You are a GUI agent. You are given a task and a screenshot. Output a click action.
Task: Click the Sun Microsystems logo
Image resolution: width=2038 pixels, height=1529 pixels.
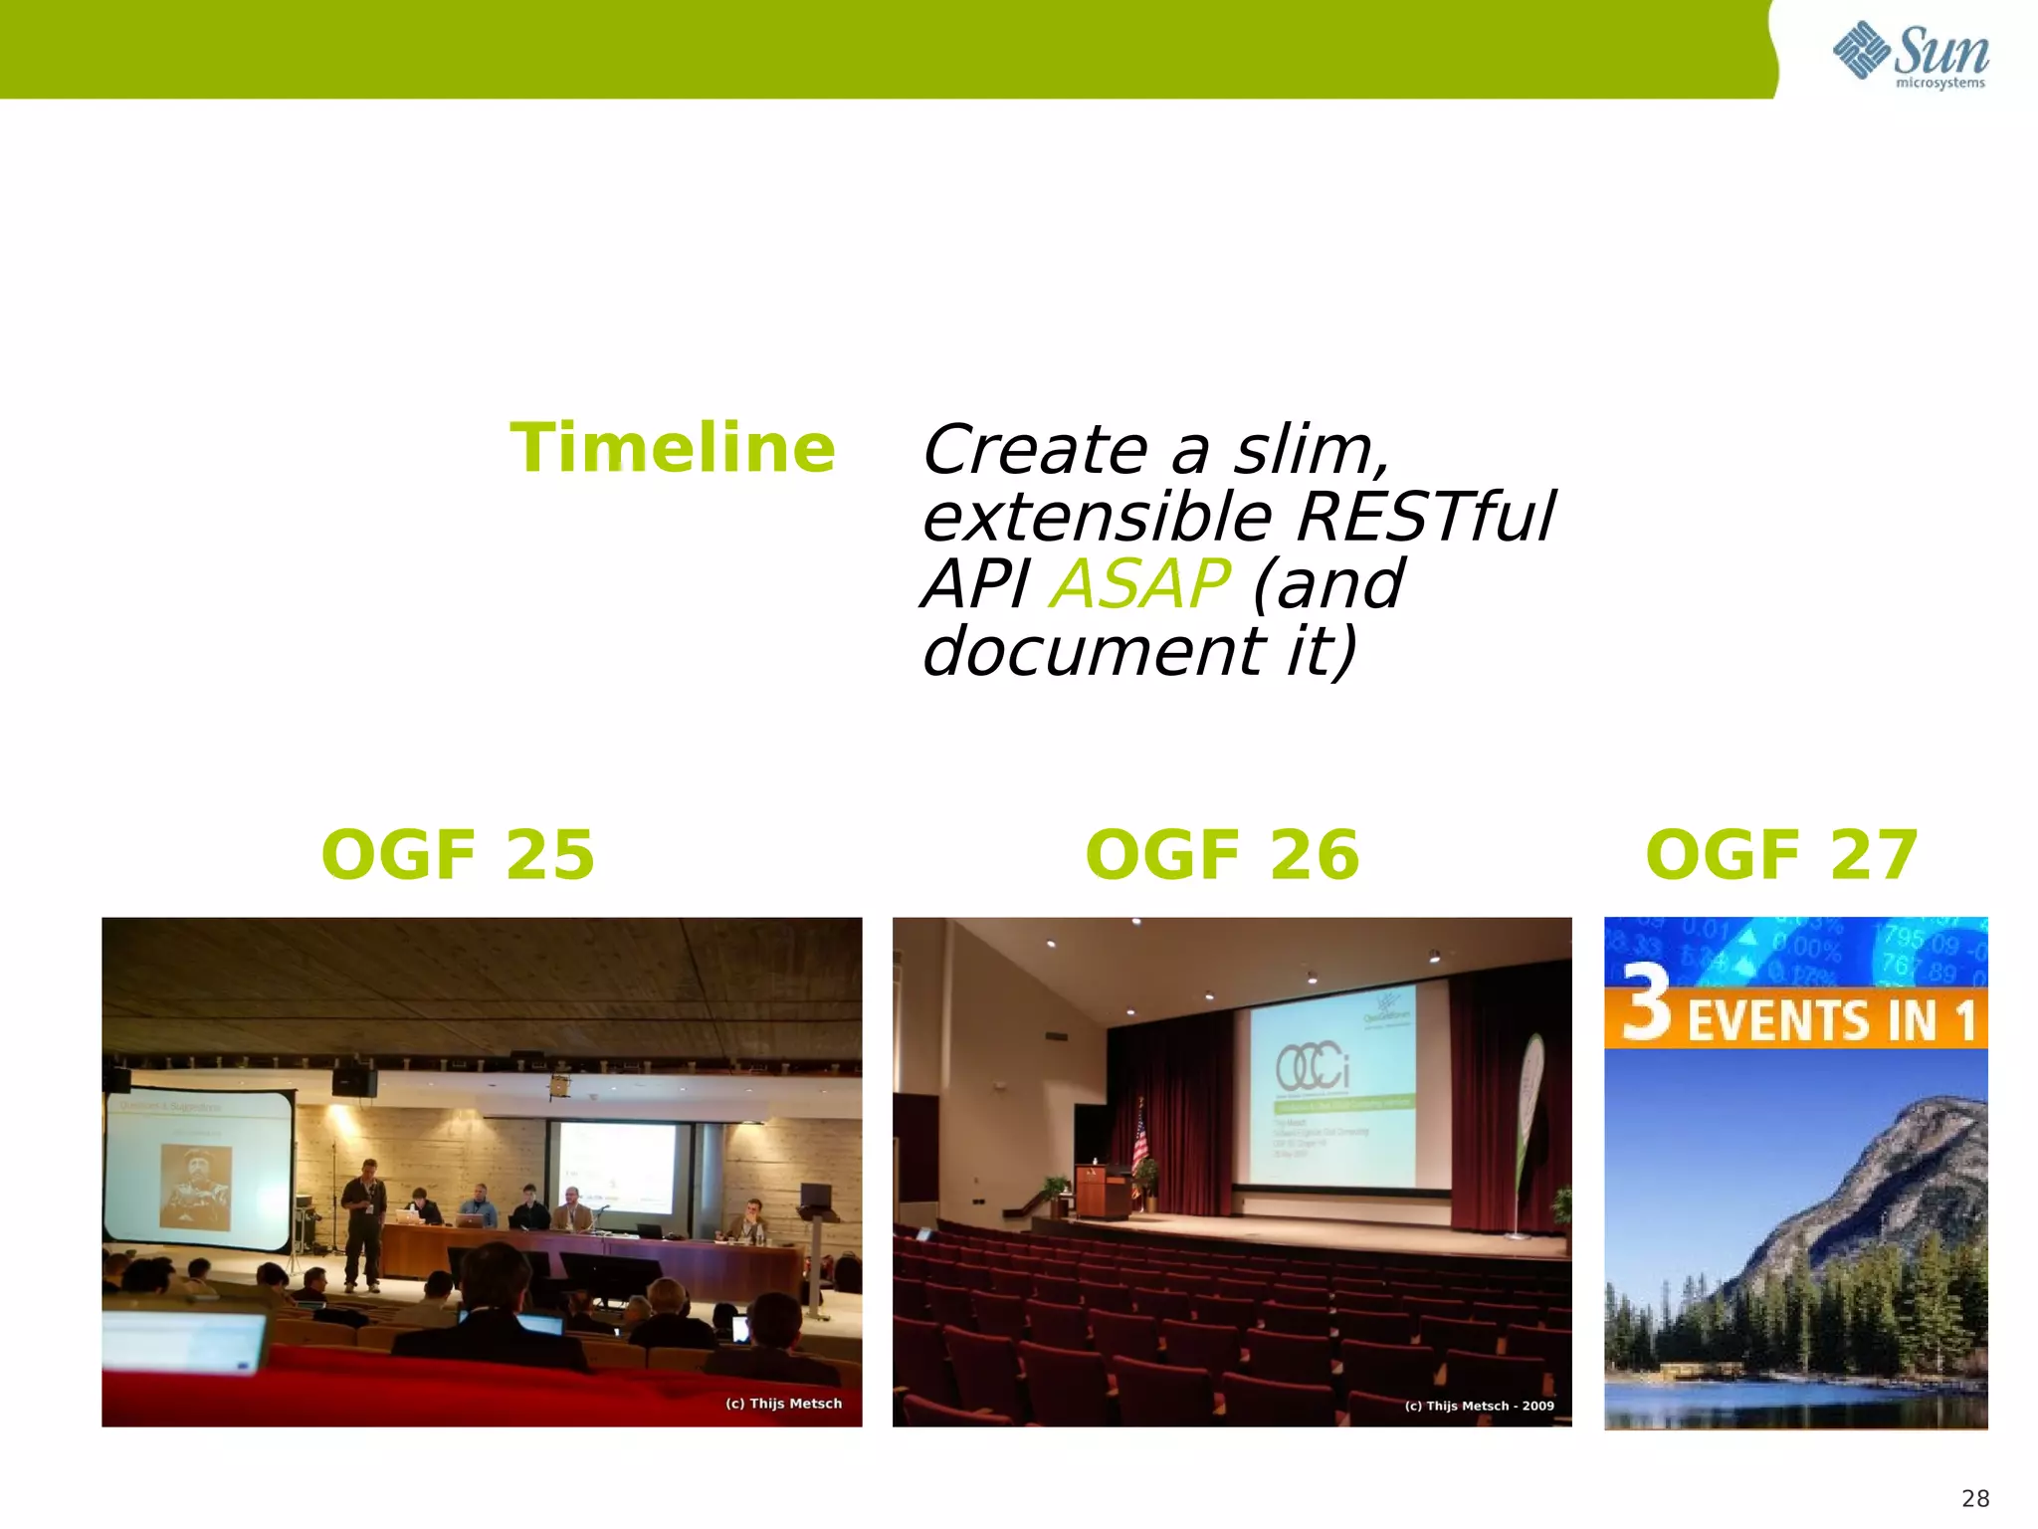pos(1910,54)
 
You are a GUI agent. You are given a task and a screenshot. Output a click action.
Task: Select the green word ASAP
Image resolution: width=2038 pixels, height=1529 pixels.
pos(1140,583)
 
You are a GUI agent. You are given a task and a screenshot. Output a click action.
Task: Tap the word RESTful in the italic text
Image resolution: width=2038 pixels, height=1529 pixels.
pos(1425,518)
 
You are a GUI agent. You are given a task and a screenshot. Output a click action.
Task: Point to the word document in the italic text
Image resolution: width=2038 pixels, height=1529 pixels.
pos(1093,651)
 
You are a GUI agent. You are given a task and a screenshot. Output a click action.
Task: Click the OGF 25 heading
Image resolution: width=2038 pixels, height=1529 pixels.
pos(458,855)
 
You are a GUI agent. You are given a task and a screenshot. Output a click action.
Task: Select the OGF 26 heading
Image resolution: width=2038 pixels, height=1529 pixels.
pos(1222,855)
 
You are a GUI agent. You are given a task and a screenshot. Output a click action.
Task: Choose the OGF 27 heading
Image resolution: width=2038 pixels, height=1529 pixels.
pos(1781,855)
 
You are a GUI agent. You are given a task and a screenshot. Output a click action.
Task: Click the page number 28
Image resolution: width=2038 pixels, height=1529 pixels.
pos(1974,1498)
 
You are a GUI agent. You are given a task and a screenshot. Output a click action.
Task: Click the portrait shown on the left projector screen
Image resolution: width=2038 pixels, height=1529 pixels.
pos(196,1188)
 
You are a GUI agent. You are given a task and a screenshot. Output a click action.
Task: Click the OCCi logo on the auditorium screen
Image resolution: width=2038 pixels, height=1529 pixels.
pos(1313,1068)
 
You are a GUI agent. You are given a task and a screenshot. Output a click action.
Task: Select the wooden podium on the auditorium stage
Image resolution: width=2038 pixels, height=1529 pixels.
pos(1103,1190)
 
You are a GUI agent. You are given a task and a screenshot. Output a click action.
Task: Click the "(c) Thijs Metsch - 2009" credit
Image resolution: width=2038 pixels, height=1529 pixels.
pos(1479,1406)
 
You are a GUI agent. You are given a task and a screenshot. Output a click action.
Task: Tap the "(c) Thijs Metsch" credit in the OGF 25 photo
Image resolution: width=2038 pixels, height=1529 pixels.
pos(783,1404)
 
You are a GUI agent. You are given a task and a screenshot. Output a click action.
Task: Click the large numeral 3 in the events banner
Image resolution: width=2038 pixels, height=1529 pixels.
pos(1647,1004)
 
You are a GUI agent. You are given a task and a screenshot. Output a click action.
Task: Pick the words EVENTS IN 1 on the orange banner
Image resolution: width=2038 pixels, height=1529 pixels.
pos(1831,1021)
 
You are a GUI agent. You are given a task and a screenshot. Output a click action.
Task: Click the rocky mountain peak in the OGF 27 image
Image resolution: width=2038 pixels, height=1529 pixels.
pos(1921,1145)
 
